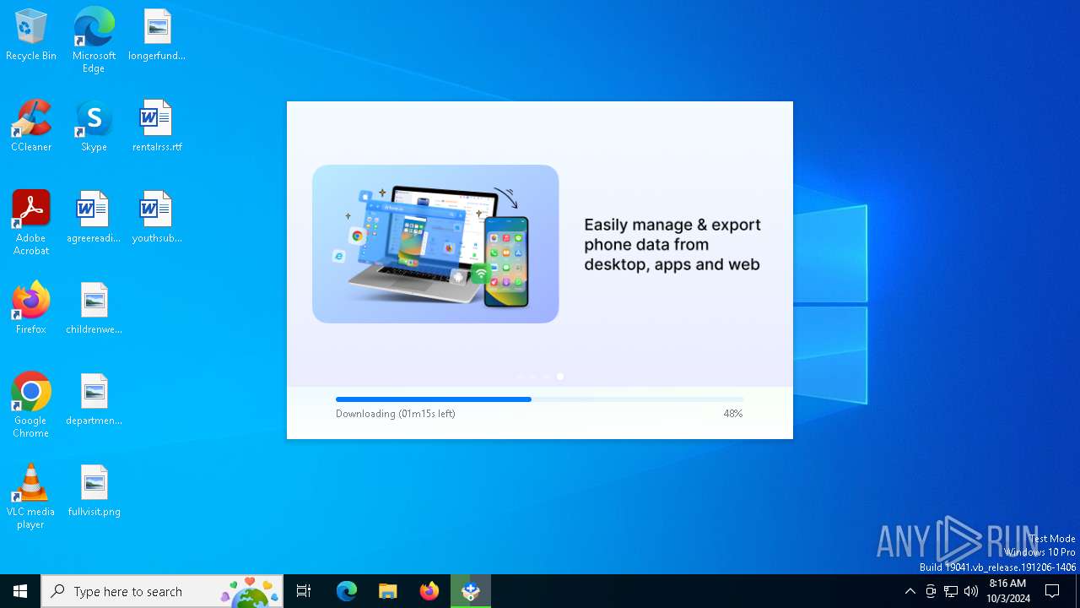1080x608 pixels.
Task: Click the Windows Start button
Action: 20,591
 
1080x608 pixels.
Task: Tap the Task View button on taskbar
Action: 304,591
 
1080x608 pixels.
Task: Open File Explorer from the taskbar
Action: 387,591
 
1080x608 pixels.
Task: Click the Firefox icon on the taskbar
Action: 429,591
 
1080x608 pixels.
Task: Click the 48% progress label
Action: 732,414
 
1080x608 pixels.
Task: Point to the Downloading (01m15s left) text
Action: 396,414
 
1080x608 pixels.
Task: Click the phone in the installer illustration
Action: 506,261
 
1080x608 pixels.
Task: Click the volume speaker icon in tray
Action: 971,591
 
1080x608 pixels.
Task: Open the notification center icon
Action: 1052,591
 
